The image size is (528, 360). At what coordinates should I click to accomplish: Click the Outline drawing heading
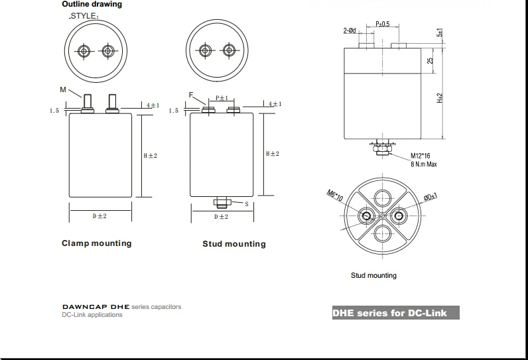point(92,5)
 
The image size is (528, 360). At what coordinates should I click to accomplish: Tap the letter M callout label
point(63,90)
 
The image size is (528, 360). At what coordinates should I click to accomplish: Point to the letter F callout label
point(191,95)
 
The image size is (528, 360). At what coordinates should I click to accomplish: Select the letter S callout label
point(247,204)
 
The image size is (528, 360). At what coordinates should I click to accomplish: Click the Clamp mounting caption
point(97,243)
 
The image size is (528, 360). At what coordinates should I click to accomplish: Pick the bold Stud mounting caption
point(234,244)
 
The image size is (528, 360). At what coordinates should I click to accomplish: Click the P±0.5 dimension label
point(383,24)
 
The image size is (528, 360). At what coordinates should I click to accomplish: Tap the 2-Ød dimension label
point(350,30)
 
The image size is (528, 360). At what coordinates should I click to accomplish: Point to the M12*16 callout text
point(421,156)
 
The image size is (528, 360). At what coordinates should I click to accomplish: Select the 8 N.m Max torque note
point(424,164)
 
